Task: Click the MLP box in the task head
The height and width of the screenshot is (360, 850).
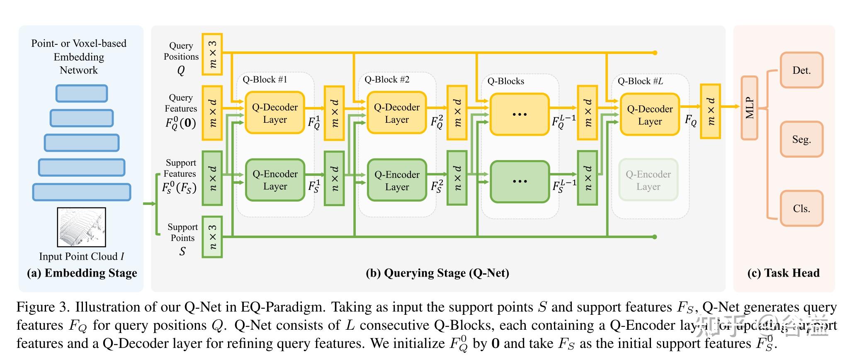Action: pos(749,108)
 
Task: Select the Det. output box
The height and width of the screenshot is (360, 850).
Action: pos(801,70)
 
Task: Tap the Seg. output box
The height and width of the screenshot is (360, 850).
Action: pos(801,139)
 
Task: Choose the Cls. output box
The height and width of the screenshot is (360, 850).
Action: pos(801,208)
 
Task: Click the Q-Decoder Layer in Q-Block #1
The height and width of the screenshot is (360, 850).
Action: pos(275,113)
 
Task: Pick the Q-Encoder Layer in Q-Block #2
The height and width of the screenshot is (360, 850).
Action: pos(397,180)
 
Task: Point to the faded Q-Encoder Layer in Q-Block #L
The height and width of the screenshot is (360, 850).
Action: pos(648,180)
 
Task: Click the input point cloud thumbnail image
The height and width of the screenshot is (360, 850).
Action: pos(81,227)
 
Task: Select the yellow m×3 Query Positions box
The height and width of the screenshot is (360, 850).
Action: pos(212,54)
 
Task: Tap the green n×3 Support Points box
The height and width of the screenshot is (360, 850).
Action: pos(212,237)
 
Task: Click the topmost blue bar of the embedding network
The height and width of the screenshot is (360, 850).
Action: pos(82,93)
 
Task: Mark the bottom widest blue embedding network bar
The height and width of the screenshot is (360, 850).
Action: pos(82,192)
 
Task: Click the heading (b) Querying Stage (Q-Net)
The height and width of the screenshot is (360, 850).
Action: pos(437,273)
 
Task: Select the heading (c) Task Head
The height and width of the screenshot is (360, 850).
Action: pos(783,273)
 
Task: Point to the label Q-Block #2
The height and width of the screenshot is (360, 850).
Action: pos(387,80)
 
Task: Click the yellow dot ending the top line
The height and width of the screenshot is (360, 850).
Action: pos(655,53)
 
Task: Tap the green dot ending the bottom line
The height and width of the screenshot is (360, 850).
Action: pos(654,237)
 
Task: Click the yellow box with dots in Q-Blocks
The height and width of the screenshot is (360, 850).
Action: pos(519,114)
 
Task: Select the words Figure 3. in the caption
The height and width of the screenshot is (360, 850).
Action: pos(43,307)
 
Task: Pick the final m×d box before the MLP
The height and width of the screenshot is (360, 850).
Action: pos(710,111)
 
